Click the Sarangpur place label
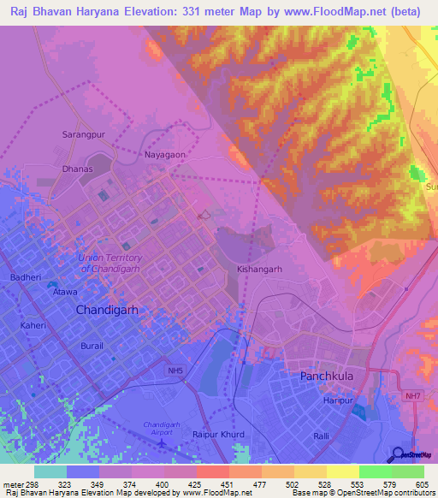click(82, 135)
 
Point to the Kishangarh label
click(259, 269)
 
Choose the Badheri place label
click(25, 277)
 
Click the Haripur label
click(338, 400)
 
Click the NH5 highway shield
click(175, 371)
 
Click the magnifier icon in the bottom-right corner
click(399, 454)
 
